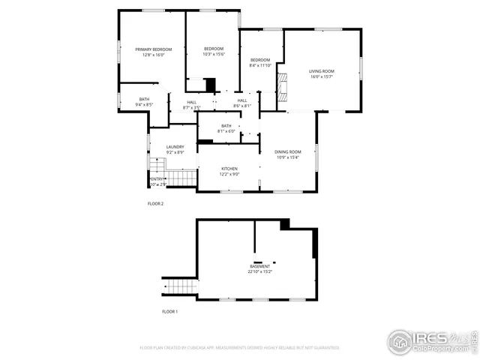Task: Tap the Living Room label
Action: [322, 71]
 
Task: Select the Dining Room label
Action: [288, 152]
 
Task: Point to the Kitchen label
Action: [229, 169]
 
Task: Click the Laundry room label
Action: [175, 147]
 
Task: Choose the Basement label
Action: [260, 266]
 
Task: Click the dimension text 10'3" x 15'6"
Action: [214, 54]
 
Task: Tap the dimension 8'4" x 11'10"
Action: [260, 65]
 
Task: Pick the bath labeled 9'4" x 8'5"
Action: [144, 105]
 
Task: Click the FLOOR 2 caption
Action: [155, 203]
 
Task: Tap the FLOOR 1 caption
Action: [170, 310]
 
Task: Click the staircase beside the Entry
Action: [180, 178]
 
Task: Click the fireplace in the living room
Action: [282, 87]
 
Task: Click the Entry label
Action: [157, 178]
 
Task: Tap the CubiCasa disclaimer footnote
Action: [239, 348]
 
